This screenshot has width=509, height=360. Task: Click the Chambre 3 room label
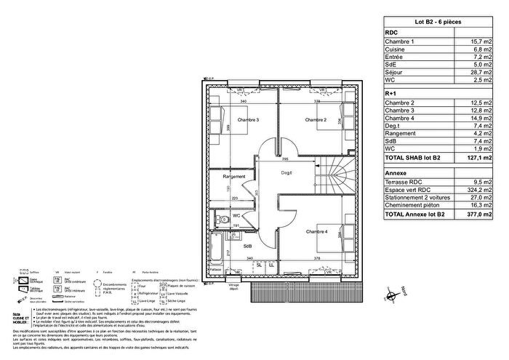click(x=248, y=120)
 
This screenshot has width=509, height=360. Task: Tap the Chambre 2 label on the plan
click(x=315, y=120)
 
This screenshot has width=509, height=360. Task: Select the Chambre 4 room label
click(x=316, y=231)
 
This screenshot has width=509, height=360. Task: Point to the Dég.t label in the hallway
click(x=290, y=173)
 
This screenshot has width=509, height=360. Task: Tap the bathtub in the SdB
click(x=215, y=249)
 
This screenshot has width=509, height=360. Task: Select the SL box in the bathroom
click(x=259, y=265)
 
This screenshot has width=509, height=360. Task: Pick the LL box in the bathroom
click(x=270, y=265)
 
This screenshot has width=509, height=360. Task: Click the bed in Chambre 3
click(x=219, y=115)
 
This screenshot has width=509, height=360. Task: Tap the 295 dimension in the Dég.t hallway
click(x=286, y=159)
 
